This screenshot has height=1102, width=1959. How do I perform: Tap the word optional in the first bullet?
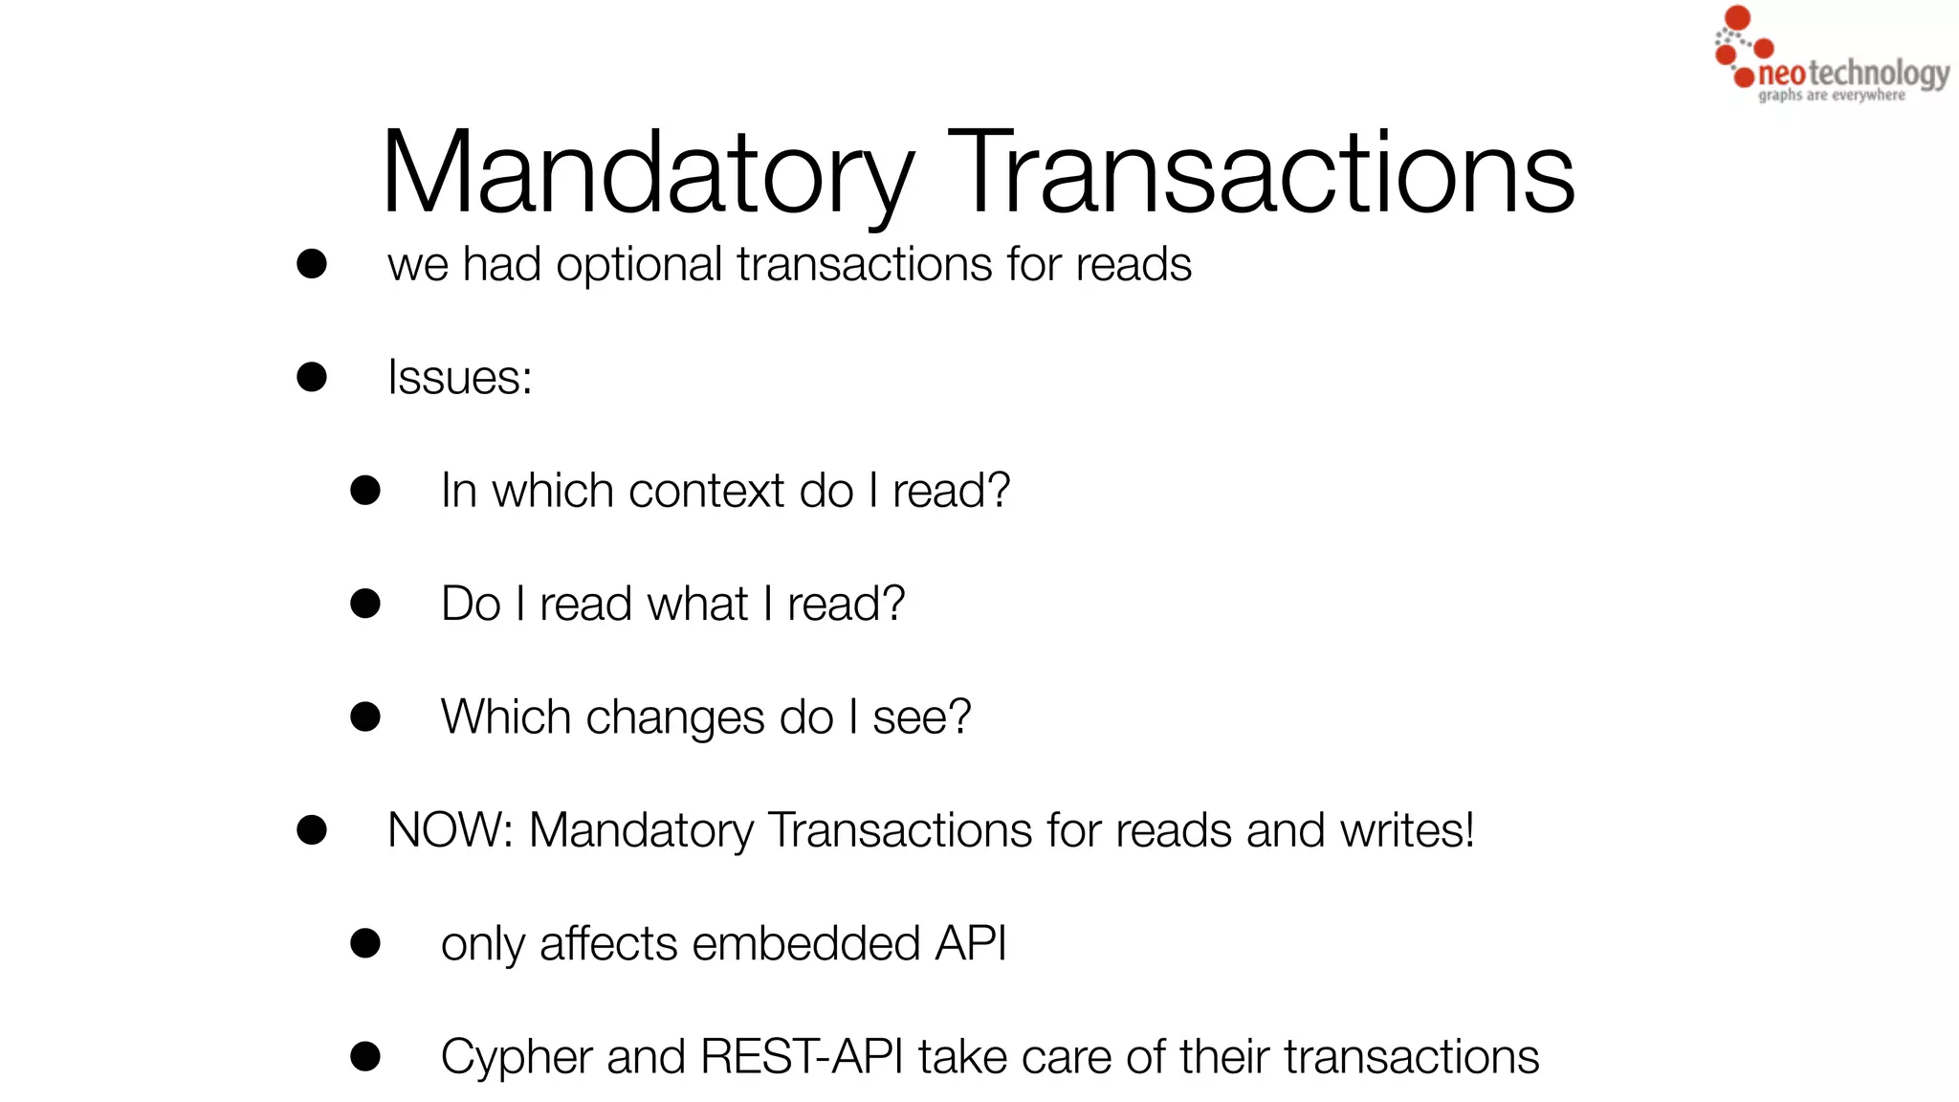click(638, 265)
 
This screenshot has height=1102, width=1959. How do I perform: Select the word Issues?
click(459, 377)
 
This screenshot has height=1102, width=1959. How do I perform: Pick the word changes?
click(675, 717)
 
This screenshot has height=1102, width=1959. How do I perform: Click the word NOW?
click(451, 830)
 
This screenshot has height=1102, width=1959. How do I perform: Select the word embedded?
click(806, 944)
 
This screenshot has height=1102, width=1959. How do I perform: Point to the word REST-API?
click(801, 1057)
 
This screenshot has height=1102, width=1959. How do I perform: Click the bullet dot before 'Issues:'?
click(312, 377)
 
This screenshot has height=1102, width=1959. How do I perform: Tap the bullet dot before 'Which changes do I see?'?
click(365, 716)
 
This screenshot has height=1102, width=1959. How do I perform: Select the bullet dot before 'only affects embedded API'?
click(365, 943)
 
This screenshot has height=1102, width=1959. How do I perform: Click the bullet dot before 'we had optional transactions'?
click(312, 264)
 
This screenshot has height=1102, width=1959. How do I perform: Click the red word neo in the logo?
click(1782, 74)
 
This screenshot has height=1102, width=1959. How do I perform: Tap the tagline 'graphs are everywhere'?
click(1831, 96)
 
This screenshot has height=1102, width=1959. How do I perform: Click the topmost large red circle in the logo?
click(1737, 18)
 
